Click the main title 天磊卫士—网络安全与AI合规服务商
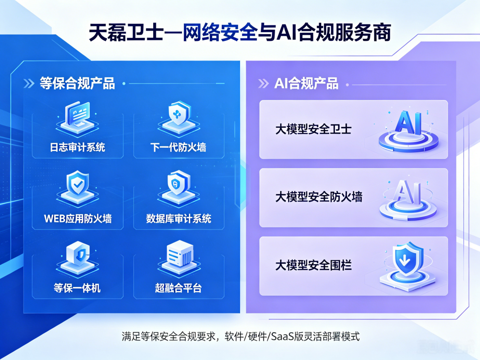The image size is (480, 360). [240, 33]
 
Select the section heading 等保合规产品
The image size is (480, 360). [77, 83]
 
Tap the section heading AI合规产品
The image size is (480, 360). [306, 83]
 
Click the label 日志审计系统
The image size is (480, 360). [77, 147]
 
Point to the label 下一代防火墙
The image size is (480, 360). [178, 147]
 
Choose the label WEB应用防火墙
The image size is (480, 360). [78, 218]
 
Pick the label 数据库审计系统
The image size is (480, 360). [179, 218]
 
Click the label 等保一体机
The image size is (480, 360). [77, 288]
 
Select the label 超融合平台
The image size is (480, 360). [178, 288]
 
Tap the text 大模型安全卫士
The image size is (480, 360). [313, 129]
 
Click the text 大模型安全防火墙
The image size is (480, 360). [319, 197]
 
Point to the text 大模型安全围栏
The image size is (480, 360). [313, 265]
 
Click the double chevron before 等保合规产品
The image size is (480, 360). [29, 83]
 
